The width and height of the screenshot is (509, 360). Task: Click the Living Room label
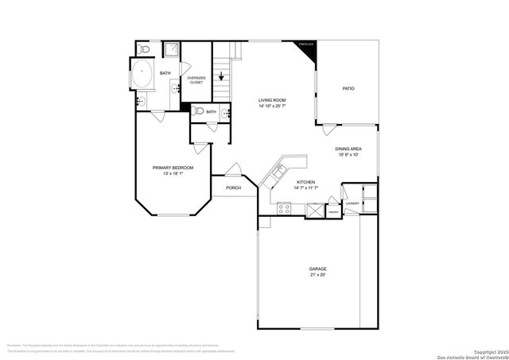272,99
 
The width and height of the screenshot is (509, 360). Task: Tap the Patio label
348,88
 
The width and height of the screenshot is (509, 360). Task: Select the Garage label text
318,269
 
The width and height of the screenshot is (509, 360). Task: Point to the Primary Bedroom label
173,168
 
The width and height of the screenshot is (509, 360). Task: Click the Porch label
233,188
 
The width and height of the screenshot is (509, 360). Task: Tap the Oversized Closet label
196,79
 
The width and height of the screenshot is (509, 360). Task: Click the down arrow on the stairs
222,79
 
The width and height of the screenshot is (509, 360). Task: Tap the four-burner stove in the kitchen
284,208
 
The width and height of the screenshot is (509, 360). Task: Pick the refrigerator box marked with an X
315,211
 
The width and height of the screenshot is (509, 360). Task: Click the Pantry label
334,213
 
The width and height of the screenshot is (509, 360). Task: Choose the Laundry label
352,203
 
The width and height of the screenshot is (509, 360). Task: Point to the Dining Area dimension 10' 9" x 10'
349,154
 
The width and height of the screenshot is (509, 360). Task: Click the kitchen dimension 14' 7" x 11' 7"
305,188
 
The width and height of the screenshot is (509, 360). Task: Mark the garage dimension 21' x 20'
318,275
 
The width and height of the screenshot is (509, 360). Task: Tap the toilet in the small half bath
199,111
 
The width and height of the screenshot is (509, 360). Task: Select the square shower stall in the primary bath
171,49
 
